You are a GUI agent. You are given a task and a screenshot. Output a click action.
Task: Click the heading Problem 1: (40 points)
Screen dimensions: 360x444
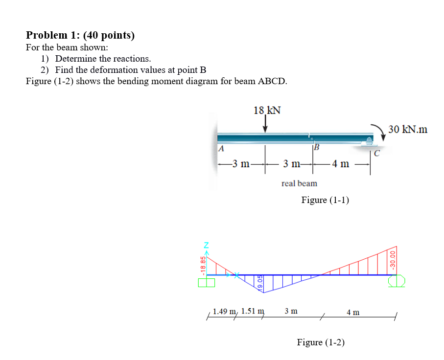[80, 35]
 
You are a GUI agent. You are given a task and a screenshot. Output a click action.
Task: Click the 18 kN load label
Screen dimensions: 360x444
[267, 110]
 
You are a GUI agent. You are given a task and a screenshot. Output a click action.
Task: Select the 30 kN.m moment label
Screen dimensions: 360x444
[408, 130]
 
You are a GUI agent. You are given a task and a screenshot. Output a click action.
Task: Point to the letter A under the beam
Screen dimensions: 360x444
[221, 149]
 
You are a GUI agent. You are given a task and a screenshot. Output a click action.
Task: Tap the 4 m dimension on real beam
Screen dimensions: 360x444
[341, 164]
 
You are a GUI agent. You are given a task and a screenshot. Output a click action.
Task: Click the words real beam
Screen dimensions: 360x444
[299, 183]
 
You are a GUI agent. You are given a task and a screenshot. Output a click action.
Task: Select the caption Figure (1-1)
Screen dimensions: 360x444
[325, 200]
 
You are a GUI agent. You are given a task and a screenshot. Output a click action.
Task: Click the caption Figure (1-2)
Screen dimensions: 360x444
[321, 342]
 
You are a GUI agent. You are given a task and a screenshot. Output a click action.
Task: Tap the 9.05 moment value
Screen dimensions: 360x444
[260, 282]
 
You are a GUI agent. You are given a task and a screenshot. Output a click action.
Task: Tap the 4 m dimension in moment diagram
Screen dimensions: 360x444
[353, 312]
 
